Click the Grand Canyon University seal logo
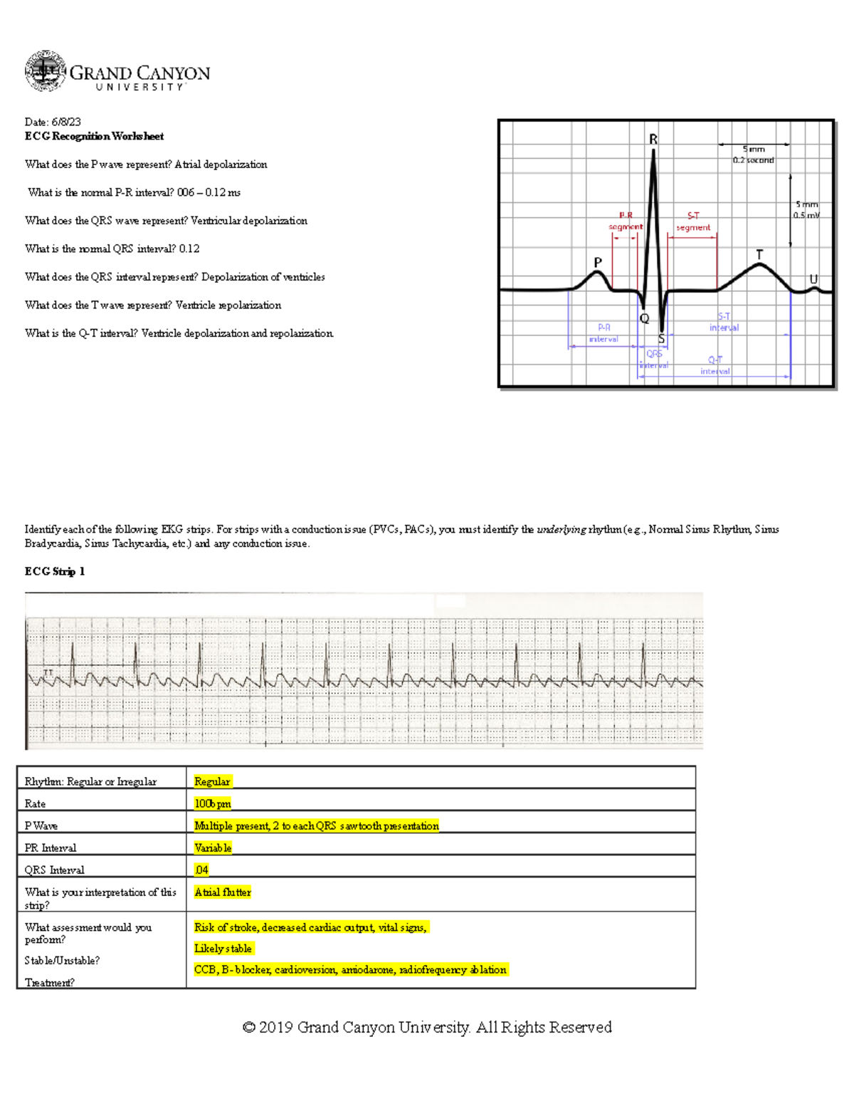pos(46,71)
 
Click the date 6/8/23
pos(65,122)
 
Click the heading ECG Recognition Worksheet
pos(94,136)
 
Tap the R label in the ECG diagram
pos(653,140)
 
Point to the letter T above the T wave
pos(759,254)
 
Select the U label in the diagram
pos(813,279)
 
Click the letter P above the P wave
pos(598,262)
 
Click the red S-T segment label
pos(693,221)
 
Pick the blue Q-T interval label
pos(715,365)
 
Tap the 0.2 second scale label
pos(754,160)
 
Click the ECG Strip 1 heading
pos(55,571)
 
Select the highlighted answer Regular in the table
pos(212,781)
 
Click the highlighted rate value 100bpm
pos(213,803)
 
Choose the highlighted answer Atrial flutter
pos(223,892)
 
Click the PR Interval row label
pos(51,847)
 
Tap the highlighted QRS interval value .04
pos(201,870)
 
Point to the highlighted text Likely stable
pos(223,949)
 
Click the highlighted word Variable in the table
pos(213,847)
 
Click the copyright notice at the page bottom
pos(427,1027)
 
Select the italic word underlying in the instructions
pos(562,529)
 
